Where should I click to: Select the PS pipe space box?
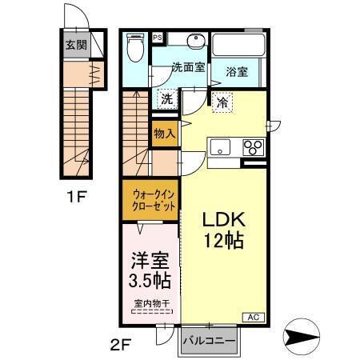158,38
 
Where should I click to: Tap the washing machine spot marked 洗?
166,99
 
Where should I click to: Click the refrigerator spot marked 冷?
220,102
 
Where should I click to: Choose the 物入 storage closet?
165,134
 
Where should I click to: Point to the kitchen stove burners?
254,146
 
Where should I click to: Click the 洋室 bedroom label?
148,260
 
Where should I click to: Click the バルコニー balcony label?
210,341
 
